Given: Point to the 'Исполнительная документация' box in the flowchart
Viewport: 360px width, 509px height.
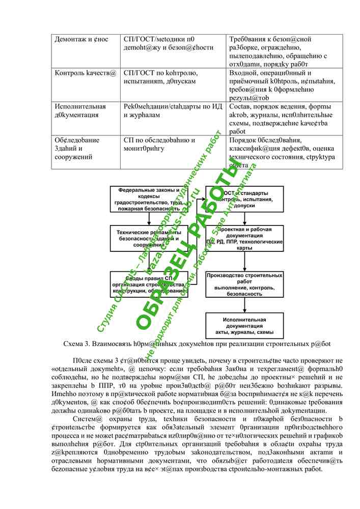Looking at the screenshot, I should pyautogui.click(x=244, y=325).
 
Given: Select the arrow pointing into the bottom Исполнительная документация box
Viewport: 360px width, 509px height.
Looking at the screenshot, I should pyautogui.click(x=244, y=305).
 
